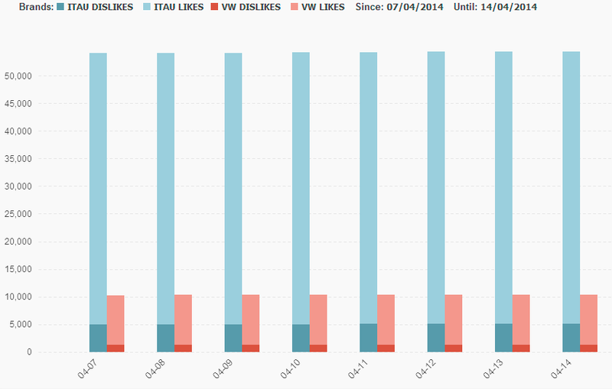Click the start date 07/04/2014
coord(415,7)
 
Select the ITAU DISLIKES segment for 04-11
coord(368,338)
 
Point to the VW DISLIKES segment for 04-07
coord(116,348)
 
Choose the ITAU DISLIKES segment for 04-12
coord(435,338)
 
